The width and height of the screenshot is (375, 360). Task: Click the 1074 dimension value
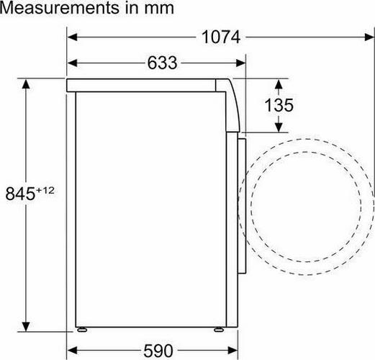[221, 37]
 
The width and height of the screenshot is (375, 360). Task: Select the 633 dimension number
[162, 63]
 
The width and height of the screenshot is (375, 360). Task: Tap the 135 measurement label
[279, 105]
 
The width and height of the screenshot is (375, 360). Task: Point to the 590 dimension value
[158, 351]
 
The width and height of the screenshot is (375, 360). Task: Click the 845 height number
[20, 194]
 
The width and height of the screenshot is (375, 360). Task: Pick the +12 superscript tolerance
[45, 191]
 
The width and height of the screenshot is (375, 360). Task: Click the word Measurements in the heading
[60, 8]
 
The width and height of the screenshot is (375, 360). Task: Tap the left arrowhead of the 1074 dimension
[72, 37]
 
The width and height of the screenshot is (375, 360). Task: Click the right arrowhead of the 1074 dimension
[369, 37]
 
